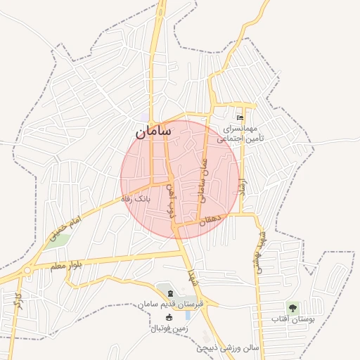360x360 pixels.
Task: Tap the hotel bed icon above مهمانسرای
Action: pyautogui.click(x=241, y=117)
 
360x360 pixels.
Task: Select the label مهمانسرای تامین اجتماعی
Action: pyautogui.click(x=240, y=134)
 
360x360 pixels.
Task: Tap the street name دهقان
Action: pyautogui.click(x=210, y=220)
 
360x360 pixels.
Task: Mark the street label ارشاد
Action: pyautogui.click(x=243, y=187)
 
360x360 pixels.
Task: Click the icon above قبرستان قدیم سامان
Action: pyautogui.click(x=168, y=291)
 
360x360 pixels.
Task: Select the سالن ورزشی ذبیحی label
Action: pyautogui.click(x=227, y=347)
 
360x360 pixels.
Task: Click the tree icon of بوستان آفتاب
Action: pyautogui.click(x=292, y=307)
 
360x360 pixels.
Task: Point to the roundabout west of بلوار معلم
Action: pyautogui.click(x=27, y=270)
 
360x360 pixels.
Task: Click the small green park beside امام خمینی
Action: pyautogui.click(x=61, y=240)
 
